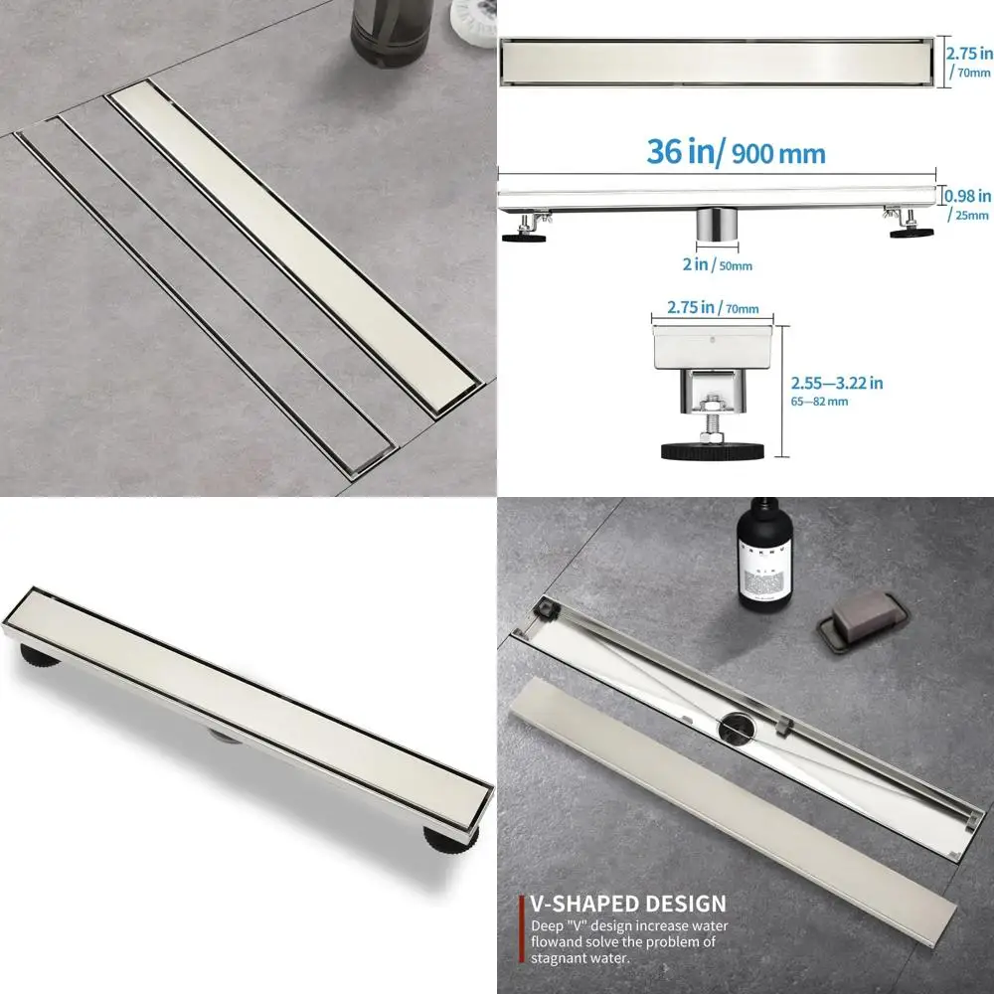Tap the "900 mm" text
click(x=778, y=154)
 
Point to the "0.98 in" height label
click(x=968, y=196)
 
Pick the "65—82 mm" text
click(x=819, y=402)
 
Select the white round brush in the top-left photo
click(x=474, y=21)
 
